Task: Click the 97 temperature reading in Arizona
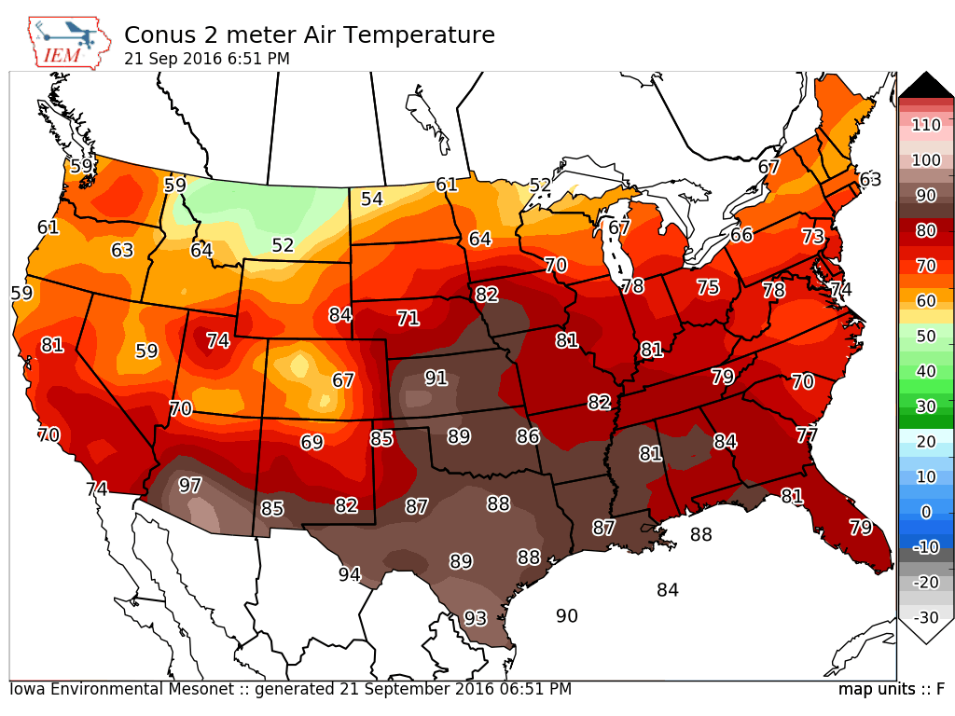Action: (189, 485)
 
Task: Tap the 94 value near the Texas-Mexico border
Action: (350, 573)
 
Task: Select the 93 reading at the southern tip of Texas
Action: (475, 618)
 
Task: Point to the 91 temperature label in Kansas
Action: (436, 379)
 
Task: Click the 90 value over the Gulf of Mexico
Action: (566, 615)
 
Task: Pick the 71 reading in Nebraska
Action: (408, 318)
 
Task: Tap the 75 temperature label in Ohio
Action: (709, 287)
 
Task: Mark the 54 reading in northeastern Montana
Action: (371, 199)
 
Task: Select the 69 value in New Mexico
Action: (311, 441)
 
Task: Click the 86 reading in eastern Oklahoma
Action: (528, 436)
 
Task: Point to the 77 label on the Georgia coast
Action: (807, 434)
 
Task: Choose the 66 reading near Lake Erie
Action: (741, 234)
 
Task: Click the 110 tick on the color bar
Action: (926, 125)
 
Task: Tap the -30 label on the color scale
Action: (926, 617)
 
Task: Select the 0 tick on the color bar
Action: (926, 512)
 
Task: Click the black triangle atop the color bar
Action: (926, 84)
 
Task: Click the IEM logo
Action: (69, 43)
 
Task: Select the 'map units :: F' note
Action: (892, 689)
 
